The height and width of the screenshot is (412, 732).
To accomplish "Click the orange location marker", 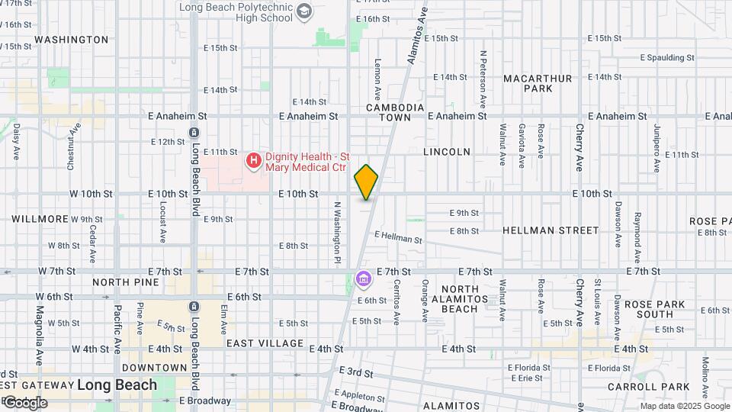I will point(366,182).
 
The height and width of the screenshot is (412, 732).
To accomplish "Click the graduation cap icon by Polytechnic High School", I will point(304,11).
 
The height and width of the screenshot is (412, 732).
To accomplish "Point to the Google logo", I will point(25,402).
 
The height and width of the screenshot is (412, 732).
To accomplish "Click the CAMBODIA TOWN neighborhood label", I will point(394,112).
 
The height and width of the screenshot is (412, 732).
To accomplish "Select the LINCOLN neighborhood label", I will point(447,152).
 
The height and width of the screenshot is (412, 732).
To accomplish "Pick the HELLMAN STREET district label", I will point(551,230).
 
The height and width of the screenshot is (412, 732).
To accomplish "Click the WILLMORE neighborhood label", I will point(40,219).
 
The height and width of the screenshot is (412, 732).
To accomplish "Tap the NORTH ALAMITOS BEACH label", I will point(460,298).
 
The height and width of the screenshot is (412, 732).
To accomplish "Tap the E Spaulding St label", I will point(667,57).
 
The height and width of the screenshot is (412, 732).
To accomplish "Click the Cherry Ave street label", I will point(579,146).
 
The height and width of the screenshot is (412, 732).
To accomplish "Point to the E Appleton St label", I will point(359,396).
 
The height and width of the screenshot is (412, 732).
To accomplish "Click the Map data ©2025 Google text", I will point(684,406).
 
